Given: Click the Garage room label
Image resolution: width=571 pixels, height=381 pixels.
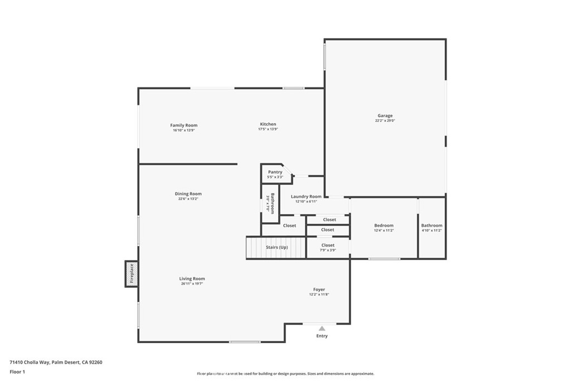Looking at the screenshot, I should coord(385,115).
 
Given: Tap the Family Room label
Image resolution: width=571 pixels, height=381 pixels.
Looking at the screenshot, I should coord(183,126).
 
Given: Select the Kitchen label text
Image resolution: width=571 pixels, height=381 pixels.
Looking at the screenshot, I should coord(268,124).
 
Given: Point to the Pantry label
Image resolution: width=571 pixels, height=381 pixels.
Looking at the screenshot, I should coord(275,172).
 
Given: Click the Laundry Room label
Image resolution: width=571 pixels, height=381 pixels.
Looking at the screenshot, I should coord(306,196).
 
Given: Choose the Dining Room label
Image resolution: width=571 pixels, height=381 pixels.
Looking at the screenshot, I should coord(188,194).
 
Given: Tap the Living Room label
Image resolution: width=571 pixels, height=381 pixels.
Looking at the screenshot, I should coord(192,279).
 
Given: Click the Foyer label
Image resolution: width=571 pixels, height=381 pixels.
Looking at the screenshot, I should coord(318,290).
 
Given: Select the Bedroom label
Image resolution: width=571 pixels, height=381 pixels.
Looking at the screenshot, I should coord(384,225).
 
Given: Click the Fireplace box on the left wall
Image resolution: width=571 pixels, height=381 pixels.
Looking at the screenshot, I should coord(132,274).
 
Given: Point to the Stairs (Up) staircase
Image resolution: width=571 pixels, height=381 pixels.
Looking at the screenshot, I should coord(276,247).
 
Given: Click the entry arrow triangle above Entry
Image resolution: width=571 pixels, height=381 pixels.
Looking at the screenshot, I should coord(322,329).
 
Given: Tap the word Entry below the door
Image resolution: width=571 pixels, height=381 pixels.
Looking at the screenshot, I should coord(322,336).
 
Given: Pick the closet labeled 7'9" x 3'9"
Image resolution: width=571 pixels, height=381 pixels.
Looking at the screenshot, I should coord(328,247).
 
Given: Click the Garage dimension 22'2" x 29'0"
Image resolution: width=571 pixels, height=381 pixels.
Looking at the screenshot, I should coord(385,120).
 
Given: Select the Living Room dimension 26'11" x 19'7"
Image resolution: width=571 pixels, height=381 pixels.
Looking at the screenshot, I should coord(192,284).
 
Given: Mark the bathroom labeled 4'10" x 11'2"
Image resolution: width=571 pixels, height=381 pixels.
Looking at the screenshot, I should coord(432,228).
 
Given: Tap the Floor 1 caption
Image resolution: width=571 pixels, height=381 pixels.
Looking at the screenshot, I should coord(17,371).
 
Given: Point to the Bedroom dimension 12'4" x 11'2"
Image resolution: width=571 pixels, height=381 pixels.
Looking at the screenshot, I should coord(384,230).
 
